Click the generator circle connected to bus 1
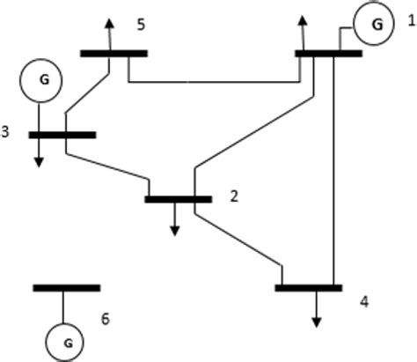pos(376,24)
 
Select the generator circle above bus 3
pos(40,78)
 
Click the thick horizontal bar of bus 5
pos(113,54)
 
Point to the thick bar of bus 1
pos(327,54)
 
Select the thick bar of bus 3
pos(62,135)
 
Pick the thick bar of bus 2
pos(178,199)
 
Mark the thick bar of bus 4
pos(308,287)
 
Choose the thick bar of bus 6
pos(66,287)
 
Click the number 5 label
pos(141,24)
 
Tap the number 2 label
pos(234,196)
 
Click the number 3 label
pos(7,133)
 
